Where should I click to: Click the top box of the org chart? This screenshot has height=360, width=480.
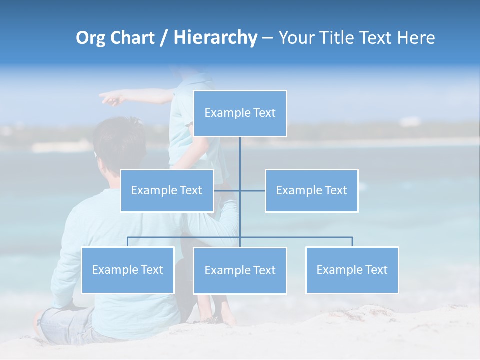tap(240, 113)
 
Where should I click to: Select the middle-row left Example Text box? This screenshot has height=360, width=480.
tap(167, 190)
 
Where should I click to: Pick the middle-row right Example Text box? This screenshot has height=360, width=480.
tap(311, 190)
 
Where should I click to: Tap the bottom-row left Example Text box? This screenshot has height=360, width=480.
tap(127, 270)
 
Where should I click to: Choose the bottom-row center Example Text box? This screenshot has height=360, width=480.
tap(240, 270)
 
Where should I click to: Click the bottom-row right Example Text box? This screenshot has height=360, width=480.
tap(352, 270)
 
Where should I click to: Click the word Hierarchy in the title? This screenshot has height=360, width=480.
tap(215, 37)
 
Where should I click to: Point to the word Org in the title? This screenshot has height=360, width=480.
tap(91, 38)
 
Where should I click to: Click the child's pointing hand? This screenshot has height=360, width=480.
tap(111, 98)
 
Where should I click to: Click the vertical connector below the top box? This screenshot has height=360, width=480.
tap(240, 155)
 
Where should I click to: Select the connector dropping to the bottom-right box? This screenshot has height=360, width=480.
tap(352, 242)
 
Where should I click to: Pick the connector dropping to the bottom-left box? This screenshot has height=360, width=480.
tap(127, 242)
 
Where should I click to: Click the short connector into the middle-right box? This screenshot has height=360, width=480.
tap(253, 190)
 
